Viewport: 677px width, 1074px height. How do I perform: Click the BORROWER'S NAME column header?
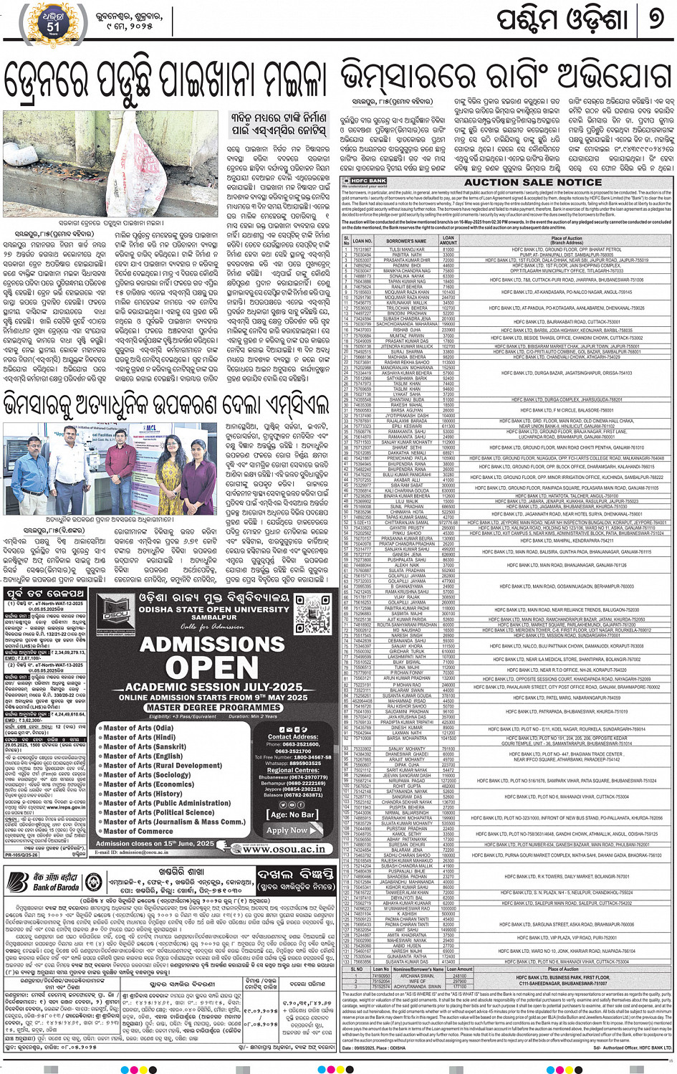pyautogui.click(x=406, y=241)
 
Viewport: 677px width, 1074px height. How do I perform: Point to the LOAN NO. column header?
pyautogui.click(x=362, y=241)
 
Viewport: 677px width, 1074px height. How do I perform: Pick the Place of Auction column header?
pyautogui.click(x=566, y=241)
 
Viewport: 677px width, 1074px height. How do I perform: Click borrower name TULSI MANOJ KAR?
pyautogui.click(x=406, y=250)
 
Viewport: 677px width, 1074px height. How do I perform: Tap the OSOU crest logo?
pyautogui.click(x=116, y=613)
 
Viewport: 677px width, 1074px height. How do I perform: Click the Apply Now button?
pyautogui.click(x=287, y=830)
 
